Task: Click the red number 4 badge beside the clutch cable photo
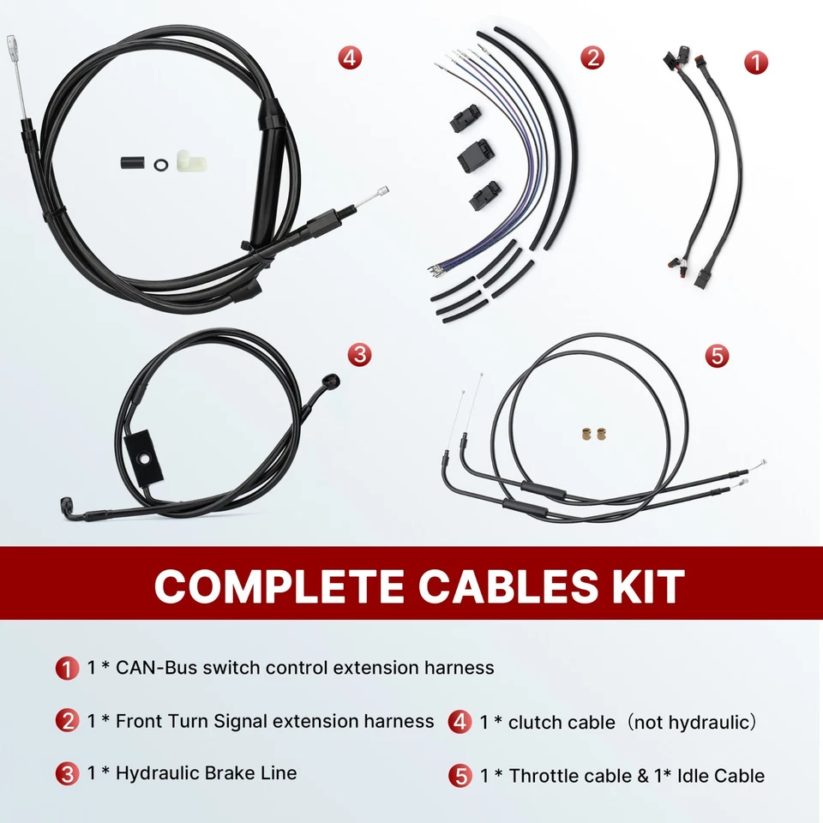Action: pyautogui.click(x=349, y=58)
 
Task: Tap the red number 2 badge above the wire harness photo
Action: pyautogui.click(x=592, y=58)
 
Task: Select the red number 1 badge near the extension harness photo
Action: pyautogui.click(x=755, y=62)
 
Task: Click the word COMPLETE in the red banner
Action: pyautogui.click(x=279, y=587)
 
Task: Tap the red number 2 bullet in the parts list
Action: pyautogui.click(x=67, y=722)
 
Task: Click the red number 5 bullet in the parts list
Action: pyautogui.click(x=460, y=777)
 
